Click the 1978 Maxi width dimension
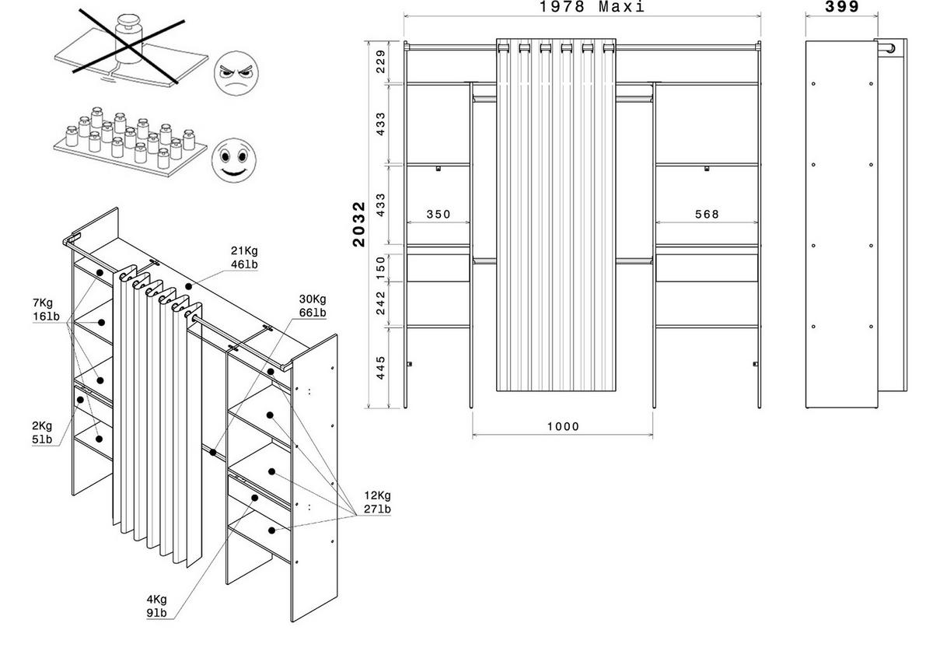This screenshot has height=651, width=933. pos(592,7)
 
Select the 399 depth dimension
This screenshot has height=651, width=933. pos(842,7)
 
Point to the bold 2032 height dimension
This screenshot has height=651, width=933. pos(359,224)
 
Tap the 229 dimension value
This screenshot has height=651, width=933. pos(380,61)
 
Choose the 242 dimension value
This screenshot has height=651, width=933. pos(380,302)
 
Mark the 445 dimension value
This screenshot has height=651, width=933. pos(380,366)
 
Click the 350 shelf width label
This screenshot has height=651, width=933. pos(438,215)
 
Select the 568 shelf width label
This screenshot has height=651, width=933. pos(707,215)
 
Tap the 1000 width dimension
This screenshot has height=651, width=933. pos(562,426)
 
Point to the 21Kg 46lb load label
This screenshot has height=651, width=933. pos(245,257)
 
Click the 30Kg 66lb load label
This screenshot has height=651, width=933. pos(312,306)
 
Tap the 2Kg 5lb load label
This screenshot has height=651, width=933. pos(41,432)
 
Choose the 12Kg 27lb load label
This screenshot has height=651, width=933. pos(378,502)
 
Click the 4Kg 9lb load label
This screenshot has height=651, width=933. pos(155,606)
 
